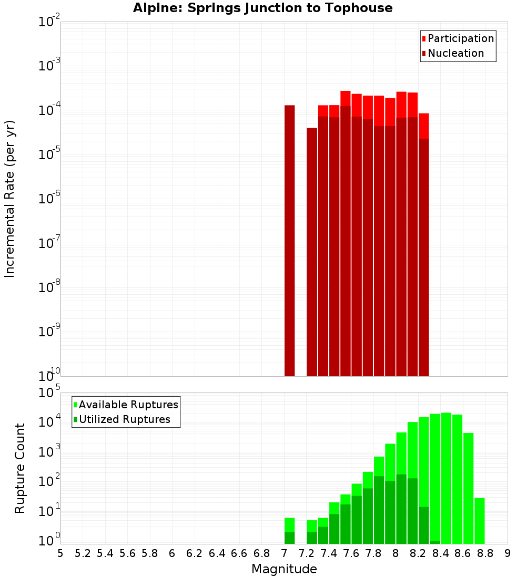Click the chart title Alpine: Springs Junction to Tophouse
point(262,8)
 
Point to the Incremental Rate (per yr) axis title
point(10,199)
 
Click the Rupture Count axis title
point(20,468)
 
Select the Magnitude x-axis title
point(284,569)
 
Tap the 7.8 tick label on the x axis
point(373,553)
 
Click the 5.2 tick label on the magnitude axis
point(83,553)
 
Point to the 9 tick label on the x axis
point(508,553)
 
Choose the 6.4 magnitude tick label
point(217,553)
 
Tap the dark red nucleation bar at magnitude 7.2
point(312,252)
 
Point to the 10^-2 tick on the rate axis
point(50,23)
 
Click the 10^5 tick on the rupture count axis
point(50,393)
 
